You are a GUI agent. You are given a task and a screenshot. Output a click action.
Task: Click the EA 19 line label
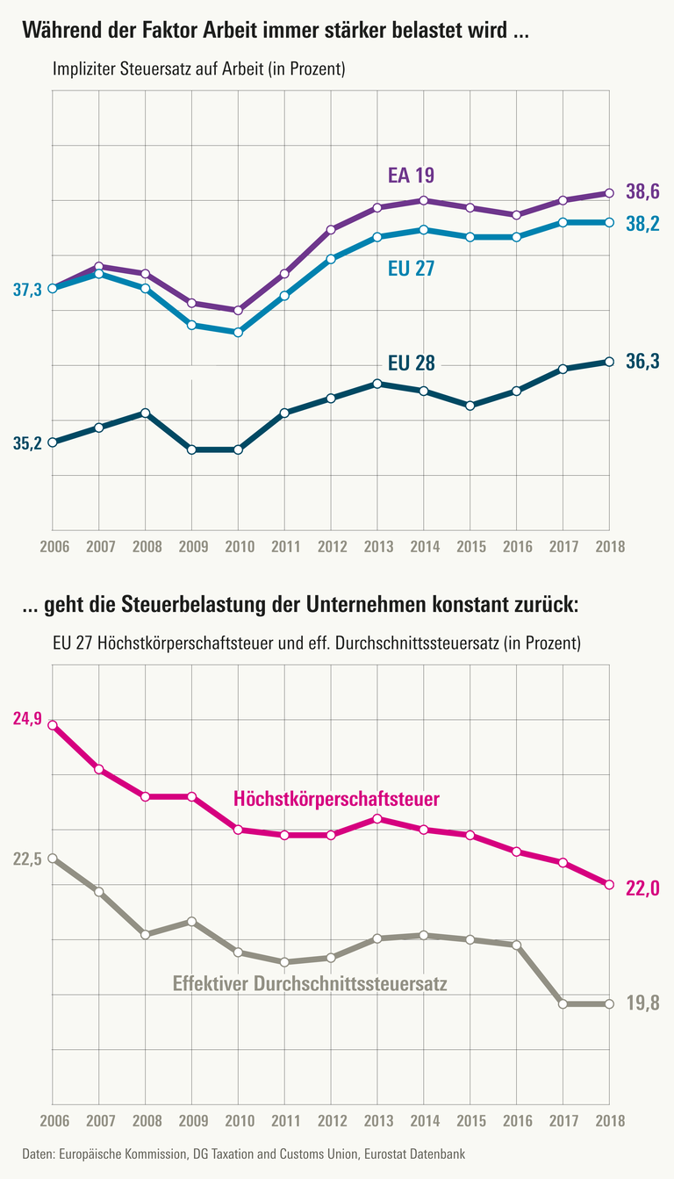click(x=412, y=174)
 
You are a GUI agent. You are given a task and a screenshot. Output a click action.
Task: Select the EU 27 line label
click(x=412, y=268)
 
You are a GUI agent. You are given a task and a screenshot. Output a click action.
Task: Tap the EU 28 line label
click(x=412, y=363)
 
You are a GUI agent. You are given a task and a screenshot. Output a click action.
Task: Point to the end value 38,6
click(x=642, y=191)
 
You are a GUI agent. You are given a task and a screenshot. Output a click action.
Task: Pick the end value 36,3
click(x=642, y=361)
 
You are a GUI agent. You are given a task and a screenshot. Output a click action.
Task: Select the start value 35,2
click(x=28, y=443)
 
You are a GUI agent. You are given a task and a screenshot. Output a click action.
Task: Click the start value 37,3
click(x=28, y=290)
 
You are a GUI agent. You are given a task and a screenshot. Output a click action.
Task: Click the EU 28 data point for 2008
click(x=146, y=413)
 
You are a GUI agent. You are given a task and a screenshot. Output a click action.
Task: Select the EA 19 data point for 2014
click(x=424, y=200)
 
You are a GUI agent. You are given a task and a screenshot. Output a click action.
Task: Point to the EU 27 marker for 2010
click(x=238, y=333)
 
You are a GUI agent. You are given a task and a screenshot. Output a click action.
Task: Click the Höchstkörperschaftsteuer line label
click(x=336, y=799)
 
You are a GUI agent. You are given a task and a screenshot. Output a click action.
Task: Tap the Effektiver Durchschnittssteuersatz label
click(x=310, y=984)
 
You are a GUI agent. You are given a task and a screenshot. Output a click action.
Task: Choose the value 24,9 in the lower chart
click(x=28, y=718)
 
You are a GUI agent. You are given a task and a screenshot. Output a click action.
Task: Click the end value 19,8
click(x=642, y=1003)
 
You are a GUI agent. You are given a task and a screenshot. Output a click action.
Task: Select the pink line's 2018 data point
click(x=609, y=884)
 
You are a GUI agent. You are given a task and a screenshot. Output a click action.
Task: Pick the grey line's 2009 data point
click(x=191, y=922)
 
